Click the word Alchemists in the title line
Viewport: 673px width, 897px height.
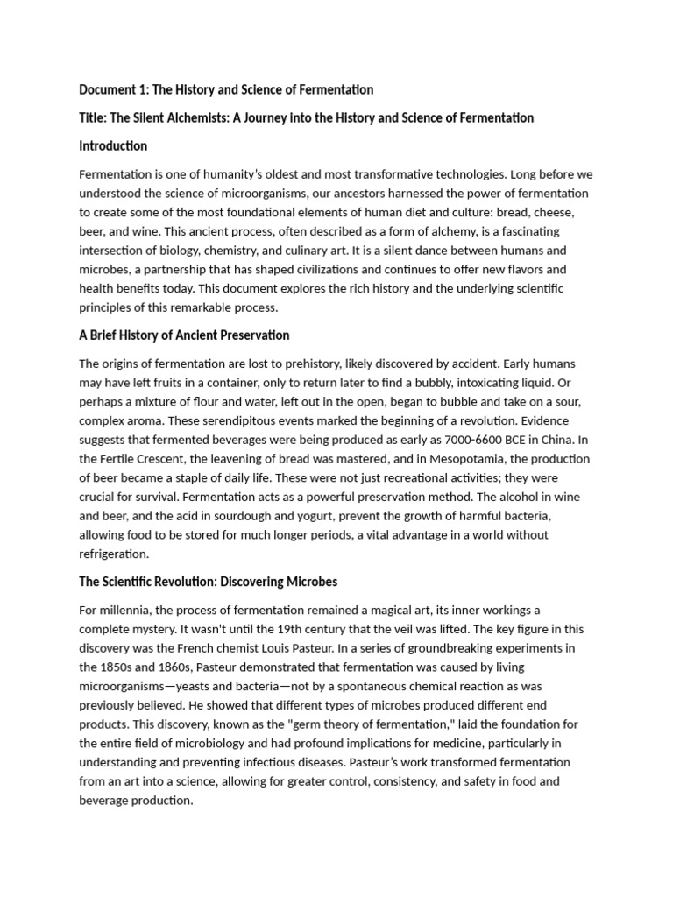(188, 117)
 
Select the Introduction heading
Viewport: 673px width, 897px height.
(113, 145)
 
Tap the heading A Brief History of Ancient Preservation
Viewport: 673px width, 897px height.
(184, 335)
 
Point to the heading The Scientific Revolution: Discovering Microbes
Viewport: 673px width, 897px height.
(208, 581)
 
